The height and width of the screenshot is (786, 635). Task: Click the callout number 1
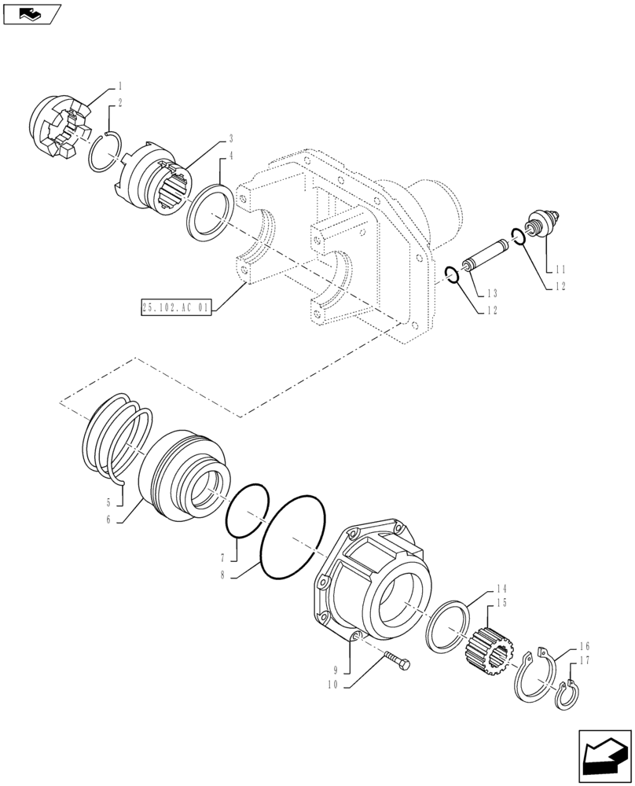pyautogui.click(x=120, y=85)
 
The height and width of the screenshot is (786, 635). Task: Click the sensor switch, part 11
pyautogui.click(x=543, y=222)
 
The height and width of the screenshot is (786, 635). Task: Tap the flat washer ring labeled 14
pyautogui.click(x=446, y=627)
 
